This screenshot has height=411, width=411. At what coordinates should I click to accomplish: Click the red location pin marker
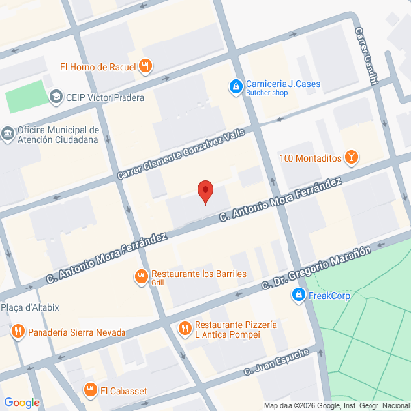(x=205, y=192)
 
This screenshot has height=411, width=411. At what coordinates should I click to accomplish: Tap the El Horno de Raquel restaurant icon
(x=146, y=67)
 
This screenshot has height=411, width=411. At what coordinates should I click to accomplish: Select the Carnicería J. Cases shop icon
(x=235, y=87)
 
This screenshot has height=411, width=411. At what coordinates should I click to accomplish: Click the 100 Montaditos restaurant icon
(x=353, y=158)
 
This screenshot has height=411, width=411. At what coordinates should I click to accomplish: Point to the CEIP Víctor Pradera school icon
(x=55, y=97)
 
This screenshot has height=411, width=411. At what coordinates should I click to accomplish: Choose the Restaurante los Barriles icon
(x=142, y=274)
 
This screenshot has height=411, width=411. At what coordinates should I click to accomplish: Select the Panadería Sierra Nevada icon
(x=17, y=332)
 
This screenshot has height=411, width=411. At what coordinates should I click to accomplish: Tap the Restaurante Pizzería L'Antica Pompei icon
(x=183, y=327)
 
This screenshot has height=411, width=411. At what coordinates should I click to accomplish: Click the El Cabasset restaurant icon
(x=87, y=388)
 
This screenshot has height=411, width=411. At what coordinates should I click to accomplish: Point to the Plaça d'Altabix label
(x=33, y=309)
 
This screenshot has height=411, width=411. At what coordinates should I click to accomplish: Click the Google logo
(x=21, y=401)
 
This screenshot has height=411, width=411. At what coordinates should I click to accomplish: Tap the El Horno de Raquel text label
(x=97, y=67)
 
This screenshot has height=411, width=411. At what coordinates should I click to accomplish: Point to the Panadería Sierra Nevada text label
(x=67, y=332)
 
